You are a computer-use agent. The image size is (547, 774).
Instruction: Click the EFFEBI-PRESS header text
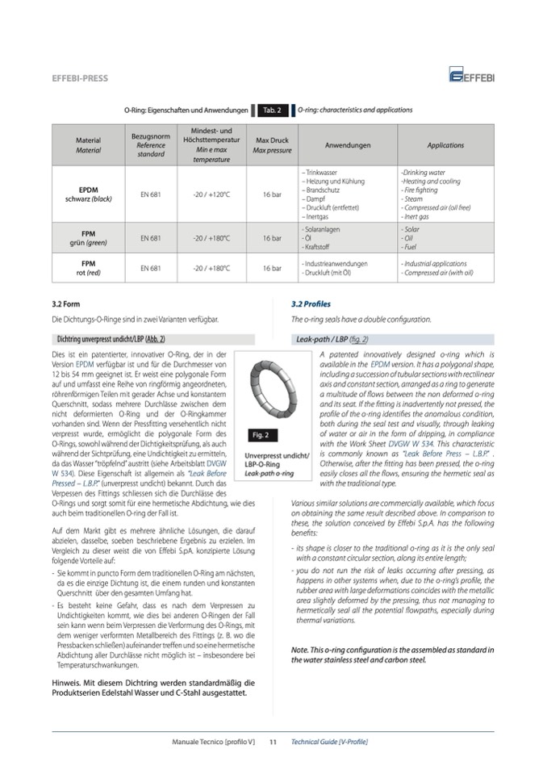point(80,78)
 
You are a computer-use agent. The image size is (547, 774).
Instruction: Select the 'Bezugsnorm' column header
point(151,145)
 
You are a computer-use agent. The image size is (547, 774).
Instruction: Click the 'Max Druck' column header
point(272,145)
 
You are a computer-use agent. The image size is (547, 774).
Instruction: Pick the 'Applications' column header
point(445,145)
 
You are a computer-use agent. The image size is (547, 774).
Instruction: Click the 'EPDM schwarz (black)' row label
point(89,195)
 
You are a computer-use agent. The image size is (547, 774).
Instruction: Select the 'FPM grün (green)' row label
point(89,238)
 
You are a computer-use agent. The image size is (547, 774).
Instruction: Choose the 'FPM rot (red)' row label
point(89,268)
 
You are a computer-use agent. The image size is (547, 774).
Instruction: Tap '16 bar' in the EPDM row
point(272,195)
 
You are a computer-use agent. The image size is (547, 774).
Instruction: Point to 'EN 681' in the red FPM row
point(151,268)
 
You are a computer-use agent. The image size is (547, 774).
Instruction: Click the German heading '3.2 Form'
point(64,304)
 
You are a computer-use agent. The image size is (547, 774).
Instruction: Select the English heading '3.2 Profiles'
point(311,304)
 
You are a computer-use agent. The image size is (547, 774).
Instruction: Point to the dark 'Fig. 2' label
point(261,435)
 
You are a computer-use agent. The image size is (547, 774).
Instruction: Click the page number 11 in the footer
point(273,741)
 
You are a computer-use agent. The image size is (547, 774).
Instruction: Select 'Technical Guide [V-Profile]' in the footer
point(329,741)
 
